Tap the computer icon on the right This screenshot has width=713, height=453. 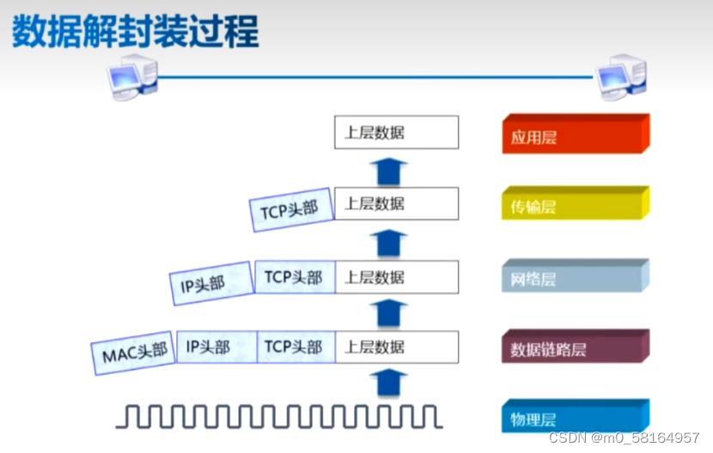(622, 77)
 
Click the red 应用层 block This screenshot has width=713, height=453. (574, 136)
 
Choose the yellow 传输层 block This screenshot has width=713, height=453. (574, 206)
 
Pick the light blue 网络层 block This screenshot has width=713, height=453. (574, 278)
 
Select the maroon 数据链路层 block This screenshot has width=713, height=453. (574, 348)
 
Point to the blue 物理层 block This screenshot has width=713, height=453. (574, 418)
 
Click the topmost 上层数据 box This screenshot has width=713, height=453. (396, 133)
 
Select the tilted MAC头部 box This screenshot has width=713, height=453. (133, 353)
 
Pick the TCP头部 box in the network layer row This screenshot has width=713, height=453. (294, 277)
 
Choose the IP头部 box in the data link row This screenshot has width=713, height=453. (216, 347)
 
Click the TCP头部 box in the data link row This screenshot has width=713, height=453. (294, 347)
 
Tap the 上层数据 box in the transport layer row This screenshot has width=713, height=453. (396, 204)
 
